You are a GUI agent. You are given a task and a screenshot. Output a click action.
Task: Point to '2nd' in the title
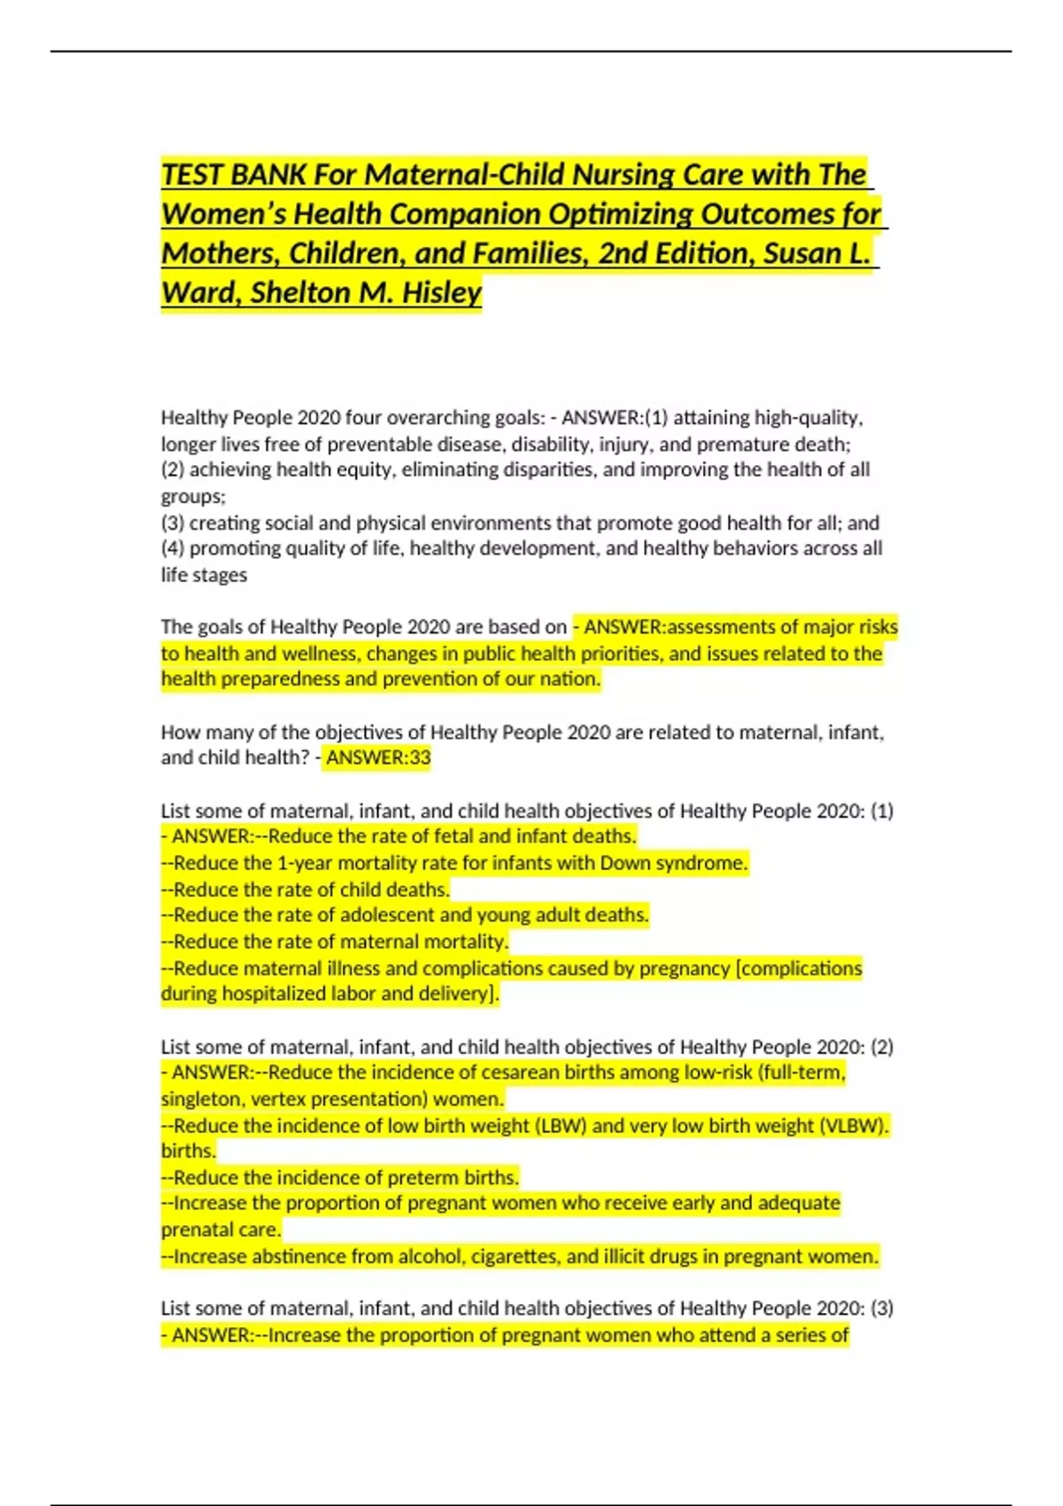pos(622,253)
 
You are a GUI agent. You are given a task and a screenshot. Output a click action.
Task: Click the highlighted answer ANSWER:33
pos(378,758)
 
